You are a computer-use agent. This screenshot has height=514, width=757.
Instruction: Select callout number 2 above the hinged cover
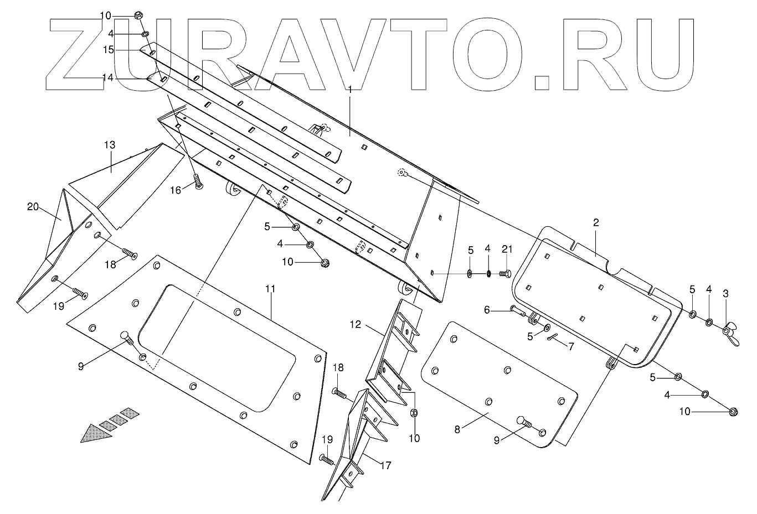tap(596, 223)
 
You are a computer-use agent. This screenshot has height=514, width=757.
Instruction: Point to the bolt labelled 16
tap(198, 183)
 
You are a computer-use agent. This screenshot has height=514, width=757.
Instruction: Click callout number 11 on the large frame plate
tap(270, 289)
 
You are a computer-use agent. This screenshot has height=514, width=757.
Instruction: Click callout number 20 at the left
tap(33, 206)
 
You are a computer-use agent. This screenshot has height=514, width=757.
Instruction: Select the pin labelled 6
tap(519, 311)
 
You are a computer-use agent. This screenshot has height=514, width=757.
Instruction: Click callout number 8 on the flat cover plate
tap(457, 429)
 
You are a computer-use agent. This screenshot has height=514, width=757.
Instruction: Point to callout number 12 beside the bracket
tap(355, 325)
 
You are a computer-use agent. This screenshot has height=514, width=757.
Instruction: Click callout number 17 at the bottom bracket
tap(386, 466)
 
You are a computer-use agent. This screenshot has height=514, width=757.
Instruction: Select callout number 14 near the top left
tap(107, 78)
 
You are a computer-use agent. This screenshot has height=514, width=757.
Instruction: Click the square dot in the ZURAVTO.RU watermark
tap(541, 82)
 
